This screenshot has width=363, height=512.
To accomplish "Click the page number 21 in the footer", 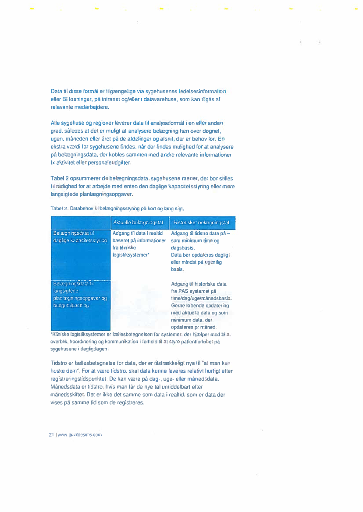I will [x=51, y=435].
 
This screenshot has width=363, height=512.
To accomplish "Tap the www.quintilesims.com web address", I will [x=79, y=435].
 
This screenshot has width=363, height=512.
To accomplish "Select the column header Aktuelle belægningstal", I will [x=138, y=223].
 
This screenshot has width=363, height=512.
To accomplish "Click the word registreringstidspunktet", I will [x=77, y=378].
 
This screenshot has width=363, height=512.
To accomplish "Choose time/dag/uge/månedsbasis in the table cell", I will [x=198, y=298].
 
